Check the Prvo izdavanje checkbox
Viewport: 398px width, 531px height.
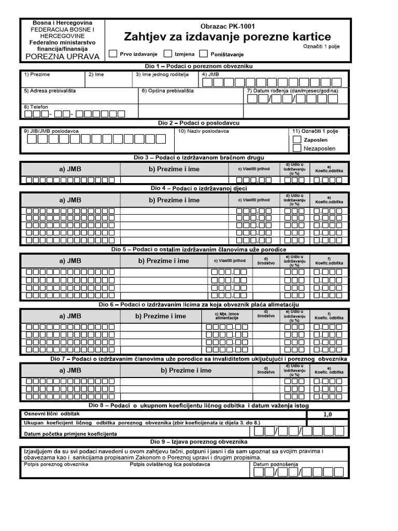(x=113, y=53)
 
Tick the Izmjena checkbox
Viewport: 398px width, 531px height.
(x=168, y=53)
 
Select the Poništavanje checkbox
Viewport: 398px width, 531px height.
(x=204, y=53)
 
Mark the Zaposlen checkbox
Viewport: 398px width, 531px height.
(x=296, y=139)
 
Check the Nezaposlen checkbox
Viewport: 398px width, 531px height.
(x=296, y=148)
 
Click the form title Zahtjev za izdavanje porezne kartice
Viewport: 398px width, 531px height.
(x=227, y=37)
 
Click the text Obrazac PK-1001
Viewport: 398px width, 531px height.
(x=228, y=26)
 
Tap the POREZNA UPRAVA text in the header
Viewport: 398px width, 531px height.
(x=62, y=57)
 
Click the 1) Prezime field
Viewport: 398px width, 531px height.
(x=52, y=81)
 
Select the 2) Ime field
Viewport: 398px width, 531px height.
(x=109, y=81)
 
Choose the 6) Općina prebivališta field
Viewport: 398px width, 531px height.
(x=191, y=97)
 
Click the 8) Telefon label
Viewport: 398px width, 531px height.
(x=36, y=107)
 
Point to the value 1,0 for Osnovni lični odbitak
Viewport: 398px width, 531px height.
(x=328, y=415)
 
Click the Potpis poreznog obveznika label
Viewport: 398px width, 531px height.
(x=56, y=464)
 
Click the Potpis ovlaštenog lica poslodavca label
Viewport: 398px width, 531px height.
(x=169, y=464)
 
